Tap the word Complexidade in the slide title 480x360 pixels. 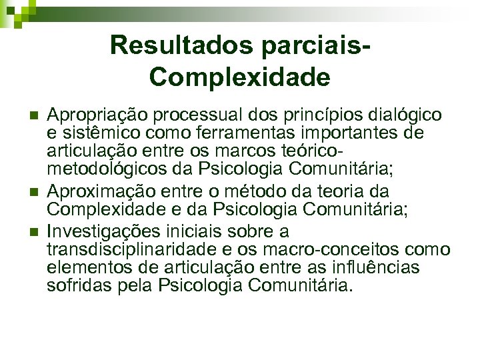(240, 77)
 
